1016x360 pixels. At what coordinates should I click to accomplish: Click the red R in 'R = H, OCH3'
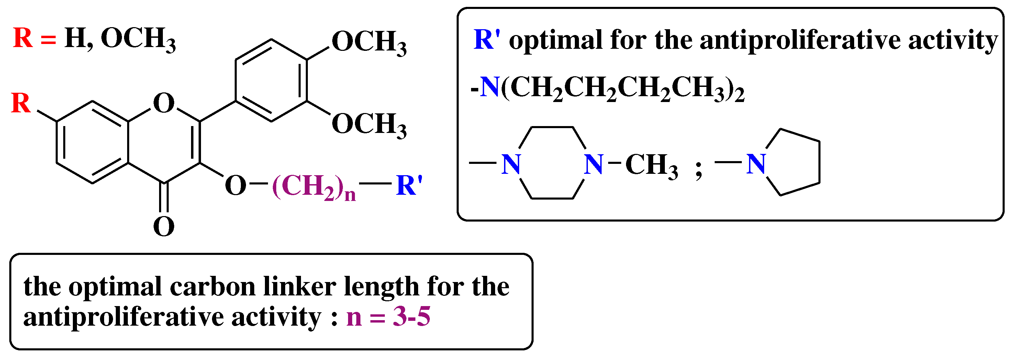(x=23, y=38)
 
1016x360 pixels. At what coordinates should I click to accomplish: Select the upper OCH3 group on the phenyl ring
(x=369, y=42)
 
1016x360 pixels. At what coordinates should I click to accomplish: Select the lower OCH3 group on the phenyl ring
(x=369, y=124)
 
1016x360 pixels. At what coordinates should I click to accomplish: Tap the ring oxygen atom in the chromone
(x=163, y=103)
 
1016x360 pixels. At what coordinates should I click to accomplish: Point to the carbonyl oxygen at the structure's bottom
(x=163, y=226)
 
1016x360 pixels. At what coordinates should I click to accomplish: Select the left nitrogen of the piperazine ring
(x=511, y=164)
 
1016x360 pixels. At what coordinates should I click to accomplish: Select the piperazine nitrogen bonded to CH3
(x=594, y=164)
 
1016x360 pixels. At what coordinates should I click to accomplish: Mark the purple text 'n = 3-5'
(x=388, y=316)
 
